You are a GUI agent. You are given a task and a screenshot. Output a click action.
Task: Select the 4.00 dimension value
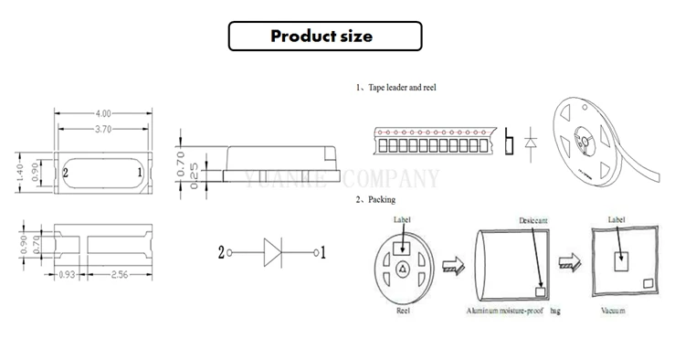[103, 113]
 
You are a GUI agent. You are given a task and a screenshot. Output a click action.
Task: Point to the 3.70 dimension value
[103, 130]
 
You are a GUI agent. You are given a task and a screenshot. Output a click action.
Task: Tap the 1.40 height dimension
[21, 171]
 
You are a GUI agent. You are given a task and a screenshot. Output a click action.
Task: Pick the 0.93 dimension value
[67, 274]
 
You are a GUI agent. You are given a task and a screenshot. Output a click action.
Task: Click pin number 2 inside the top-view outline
[65, 172]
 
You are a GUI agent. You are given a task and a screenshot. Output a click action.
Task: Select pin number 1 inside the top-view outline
[138, 172]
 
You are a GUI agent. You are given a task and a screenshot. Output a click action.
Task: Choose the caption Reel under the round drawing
[402, 311]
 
